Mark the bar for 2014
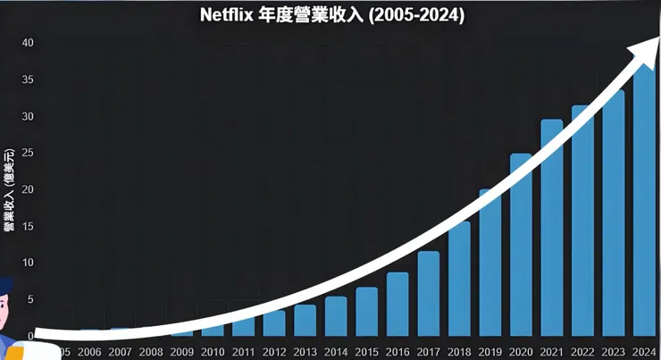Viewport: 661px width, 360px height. click(x=336, y=317)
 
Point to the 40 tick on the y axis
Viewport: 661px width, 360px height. click(x=28, y=43)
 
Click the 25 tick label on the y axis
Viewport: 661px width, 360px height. click(x=28, y=153)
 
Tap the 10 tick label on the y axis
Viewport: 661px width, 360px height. click(x=28, y=263)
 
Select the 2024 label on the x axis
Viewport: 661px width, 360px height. click(x=644, y=352)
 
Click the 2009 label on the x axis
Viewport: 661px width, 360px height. click(x=181, y=352)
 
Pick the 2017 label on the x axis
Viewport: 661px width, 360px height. click(x=428, y=352)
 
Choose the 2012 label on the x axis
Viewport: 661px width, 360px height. click(x=274, y=352)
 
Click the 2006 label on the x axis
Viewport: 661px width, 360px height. click(x=89, y=352)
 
